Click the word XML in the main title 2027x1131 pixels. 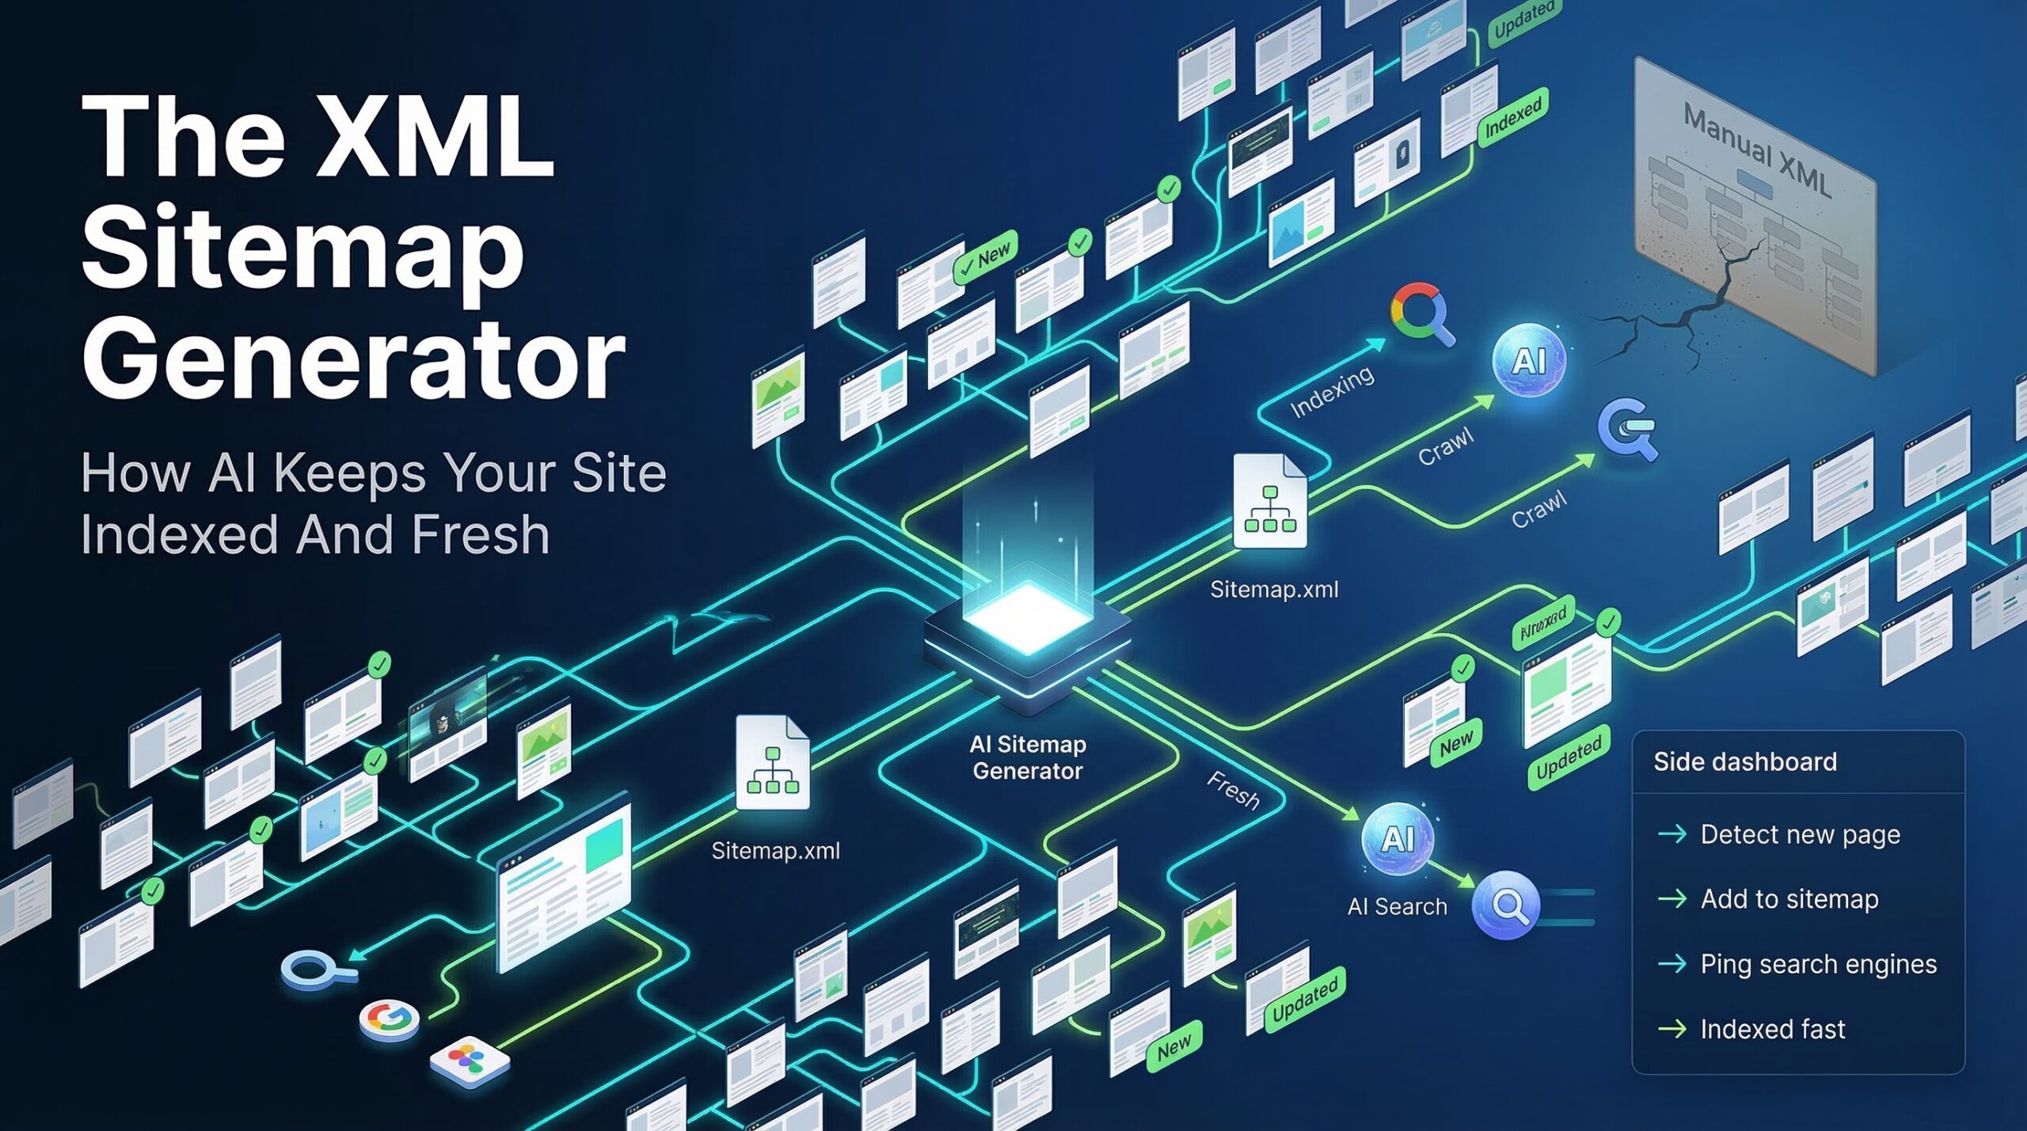pyautogui.click(x=434, y=136)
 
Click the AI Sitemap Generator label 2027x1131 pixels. pyautogui.click(x=1027, y=757)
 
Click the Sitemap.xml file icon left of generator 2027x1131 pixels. pyautogui.click(x=772, y=763)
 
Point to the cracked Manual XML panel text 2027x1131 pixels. pyautogui.click(x=1756, y=150)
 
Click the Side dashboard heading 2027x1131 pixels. pyautogui.click(x=1744, y=761)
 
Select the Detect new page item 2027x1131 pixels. pyautogui.click(x=1799, y=834)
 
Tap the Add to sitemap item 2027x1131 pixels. pyautogui.click(x=1789, y=899)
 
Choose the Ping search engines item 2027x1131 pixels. pyautogui.click(x=1817, y=964)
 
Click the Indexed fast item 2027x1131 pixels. pyautogui.click(x=1772, y=1029)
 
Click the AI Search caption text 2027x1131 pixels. pyautogui.click(x=1397, y=907)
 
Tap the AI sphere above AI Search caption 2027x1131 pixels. pyautogui.click(x=1398, y=839)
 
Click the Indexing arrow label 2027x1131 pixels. pyautogui.click(x=1332, y=393)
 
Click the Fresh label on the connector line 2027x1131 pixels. pyautogui.click(x=1233, y=791)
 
